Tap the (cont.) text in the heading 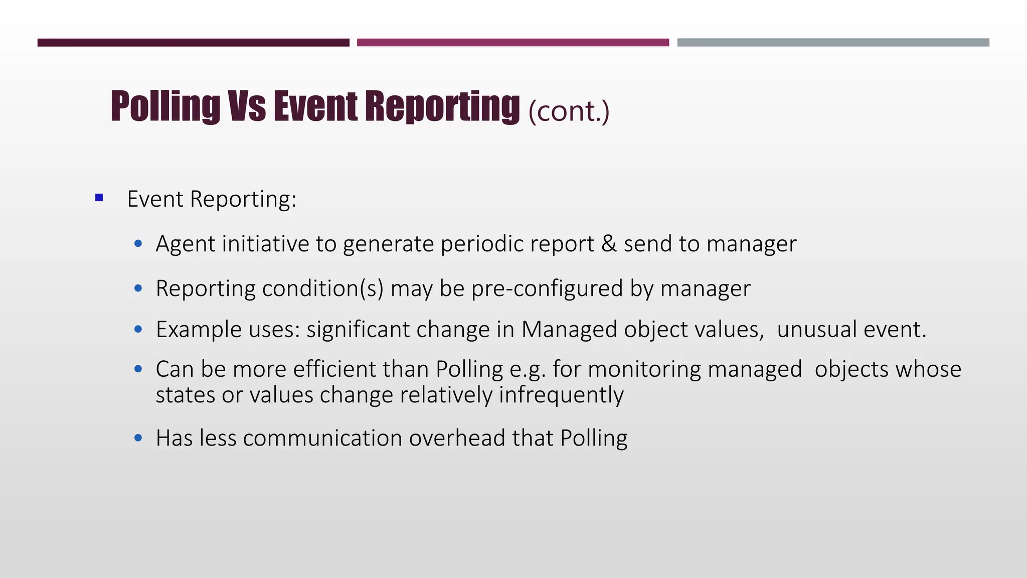[569, 111]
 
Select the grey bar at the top [833, 43]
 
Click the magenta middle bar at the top [512, 43]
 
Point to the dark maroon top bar [193, 43]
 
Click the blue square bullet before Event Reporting [99, 198]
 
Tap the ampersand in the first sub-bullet [609, 244]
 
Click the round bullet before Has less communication [138, 438]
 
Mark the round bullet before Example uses [138, 330]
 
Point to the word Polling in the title [165, 106]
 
